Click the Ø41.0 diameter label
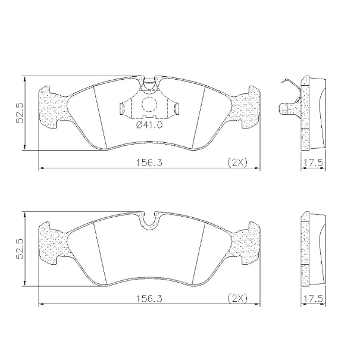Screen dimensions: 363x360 [149, 125]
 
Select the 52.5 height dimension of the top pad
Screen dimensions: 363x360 [20, 112]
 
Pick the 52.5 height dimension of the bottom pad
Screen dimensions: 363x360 [20, 249]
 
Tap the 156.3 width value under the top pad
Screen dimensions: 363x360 [149, 162]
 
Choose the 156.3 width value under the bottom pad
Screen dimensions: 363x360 [149, 299]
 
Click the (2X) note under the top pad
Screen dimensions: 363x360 [237, 162]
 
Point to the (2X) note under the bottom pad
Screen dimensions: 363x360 [237, 298]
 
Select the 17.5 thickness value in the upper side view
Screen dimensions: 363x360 [313, 162]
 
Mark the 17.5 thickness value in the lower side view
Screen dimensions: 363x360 [313, 299]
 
